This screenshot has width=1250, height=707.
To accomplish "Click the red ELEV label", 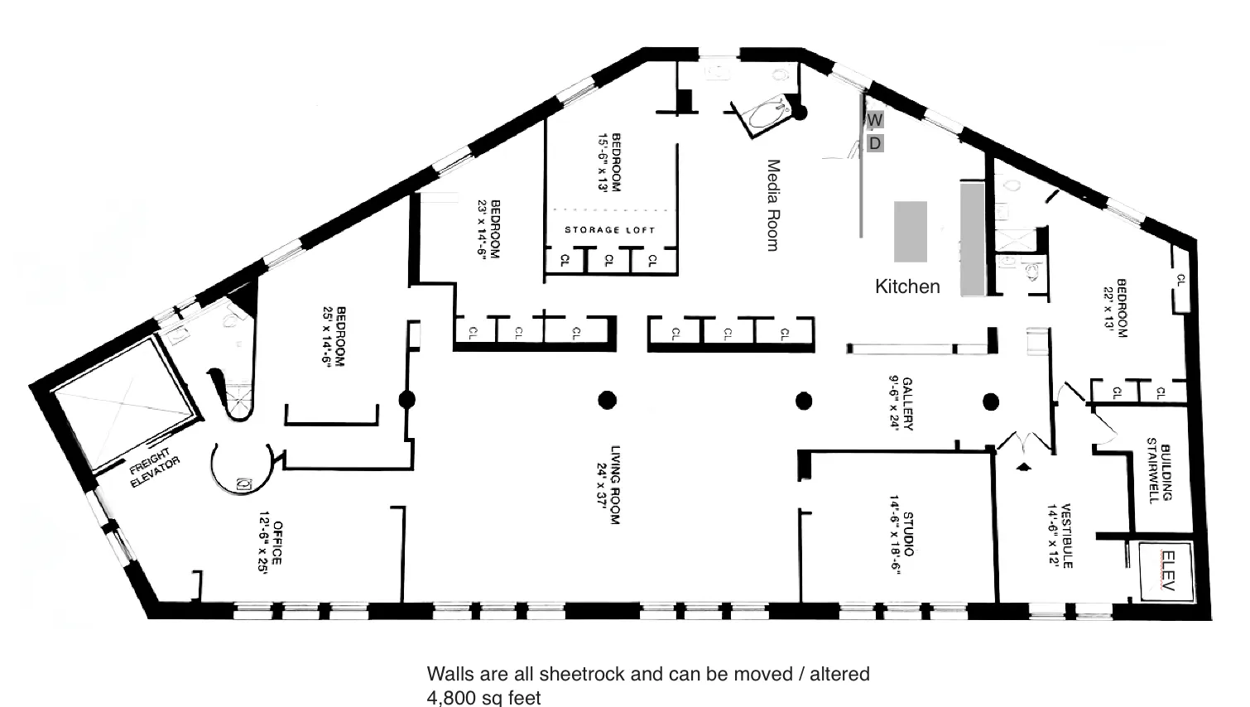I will (1168, 570).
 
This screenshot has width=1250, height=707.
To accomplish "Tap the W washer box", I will (875, 120).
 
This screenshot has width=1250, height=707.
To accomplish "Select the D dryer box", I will (875, 143).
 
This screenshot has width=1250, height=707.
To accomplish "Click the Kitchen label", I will (907, 286).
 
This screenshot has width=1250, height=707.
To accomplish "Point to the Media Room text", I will (773, 205).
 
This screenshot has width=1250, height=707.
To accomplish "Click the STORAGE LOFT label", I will (610, 230).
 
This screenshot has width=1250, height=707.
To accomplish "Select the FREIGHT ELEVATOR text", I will (154, 469).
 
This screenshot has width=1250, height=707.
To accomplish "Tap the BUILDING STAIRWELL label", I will (1159, 474).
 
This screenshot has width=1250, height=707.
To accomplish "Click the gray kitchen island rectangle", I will (911, 231).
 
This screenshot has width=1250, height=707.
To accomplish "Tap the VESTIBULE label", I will (1060, 536).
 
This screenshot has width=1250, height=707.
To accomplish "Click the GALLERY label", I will (901, 404).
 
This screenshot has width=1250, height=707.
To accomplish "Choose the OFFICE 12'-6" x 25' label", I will (272, 541).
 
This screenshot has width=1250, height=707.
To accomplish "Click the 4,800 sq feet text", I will (483, 697).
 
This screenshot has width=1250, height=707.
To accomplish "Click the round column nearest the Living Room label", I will (607, 401).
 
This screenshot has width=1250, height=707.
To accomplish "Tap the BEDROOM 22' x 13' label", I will (1116, 308).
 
